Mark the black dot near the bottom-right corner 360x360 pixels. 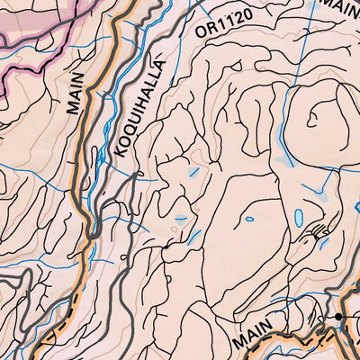pyautogui.click(x=339, y=318)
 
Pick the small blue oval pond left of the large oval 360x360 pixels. pyautogui.click(x=248, y=218)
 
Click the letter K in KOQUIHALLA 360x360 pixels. pyautogui.click(x=122, y=154)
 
